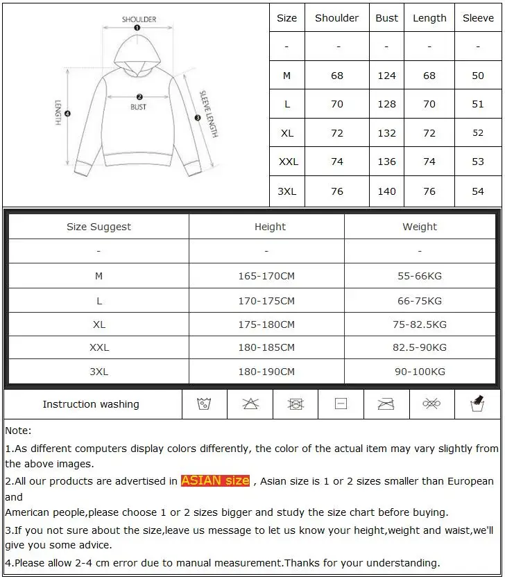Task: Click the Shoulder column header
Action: coord(336,18)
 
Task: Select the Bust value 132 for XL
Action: coord(386,133)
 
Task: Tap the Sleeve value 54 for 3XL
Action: coord(478,191)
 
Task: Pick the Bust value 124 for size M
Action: coord(386,76)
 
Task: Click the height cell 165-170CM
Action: coord(266,276)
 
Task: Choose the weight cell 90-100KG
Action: coord(420,372)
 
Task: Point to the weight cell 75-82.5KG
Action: coord(420,324)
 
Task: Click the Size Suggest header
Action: coord(99,227)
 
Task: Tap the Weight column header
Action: coord(420,227)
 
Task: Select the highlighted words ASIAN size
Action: coord(215,480)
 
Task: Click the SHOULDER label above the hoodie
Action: coord(139,19)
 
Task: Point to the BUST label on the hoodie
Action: coord(139,107)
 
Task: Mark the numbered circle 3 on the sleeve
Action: coord(198,118)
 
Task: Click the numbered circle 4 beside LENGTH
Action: coord(67,113)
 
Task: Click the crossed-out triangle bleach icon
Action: coord(250,404)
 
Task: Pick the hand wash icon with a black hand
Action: coord(477,403)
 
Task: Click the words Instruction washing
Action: coord(91,404)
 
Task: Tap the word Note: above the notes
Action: coord(18,431)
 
